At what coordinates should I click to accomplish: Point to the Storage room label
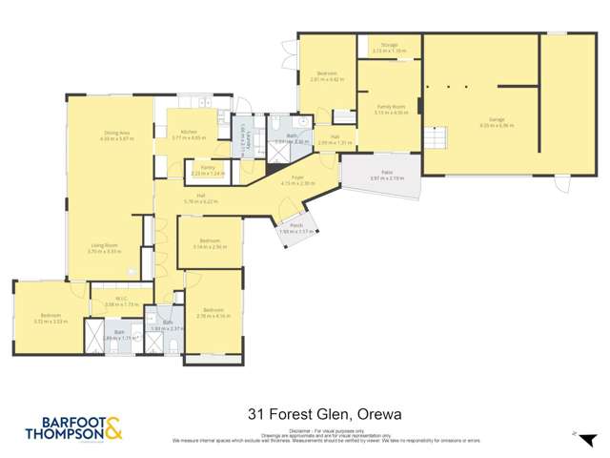(389, 45)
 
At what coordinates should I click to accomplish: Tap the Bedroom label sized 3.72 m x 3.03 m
(50, 317)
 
